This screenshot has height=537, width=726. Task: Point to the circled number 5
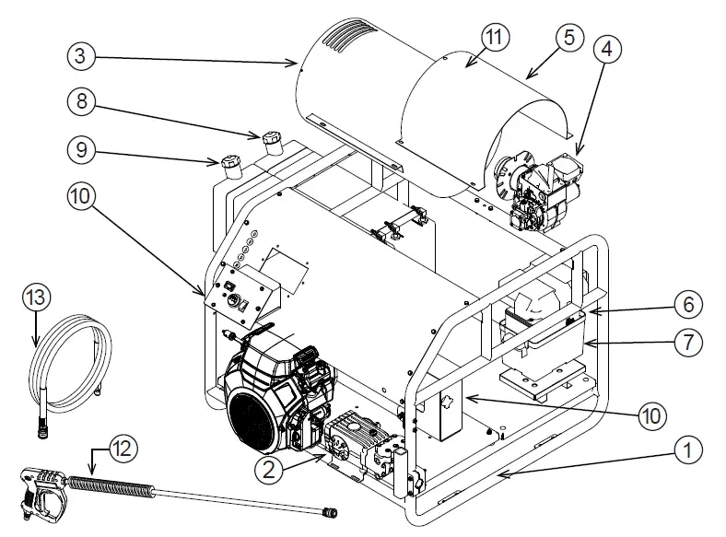568,39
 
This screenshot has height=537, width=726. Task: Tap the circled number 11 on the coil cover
496,38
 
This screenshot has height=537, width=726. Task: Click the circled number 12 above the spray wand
122,449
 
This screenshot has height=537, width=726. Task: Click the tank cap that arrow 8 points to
270,142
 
